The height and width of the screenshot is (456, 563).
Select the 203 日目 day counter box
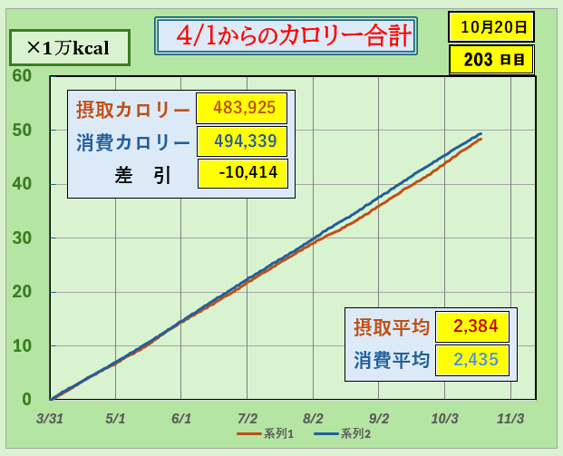490,60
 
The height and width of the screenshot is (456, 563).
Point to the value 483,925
241,108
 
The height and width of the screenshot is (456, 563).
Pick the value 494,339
241,141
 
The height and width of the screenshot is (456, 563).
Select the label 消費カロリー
132,142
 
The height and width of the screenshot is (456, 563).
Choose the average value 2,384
471,326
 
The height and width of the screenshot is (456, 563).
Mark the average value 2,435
471,359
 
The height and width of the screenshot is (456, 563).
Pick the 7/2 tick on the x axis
248,420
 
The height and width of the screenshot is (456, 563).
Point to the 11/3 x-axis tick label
511,420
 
